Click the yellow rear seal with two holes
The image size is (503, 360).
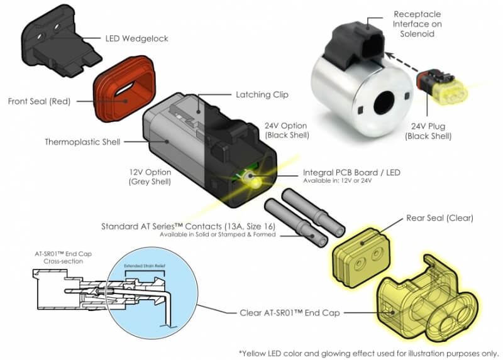pyautogui.click(x=362, y=254)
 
